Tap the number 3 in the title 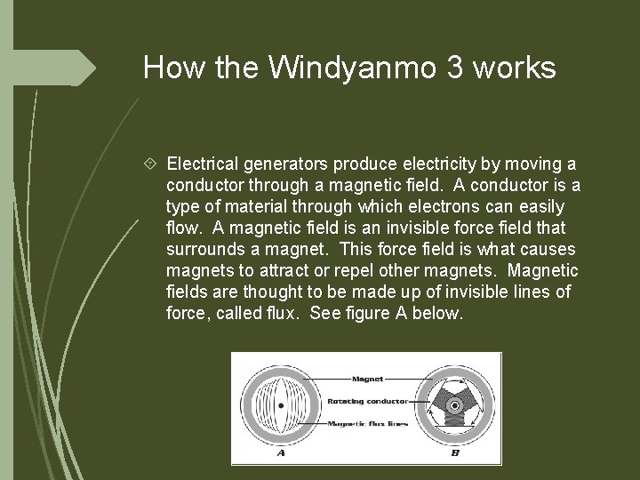[x=454, y=68]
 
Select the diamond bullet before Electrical [x=152, y=164]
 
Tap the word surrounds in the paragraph [x=204, y=250]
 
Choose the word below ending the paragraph [x=440, y=314]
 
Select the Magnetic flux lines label [x=367, y=423]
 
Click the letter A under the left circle [x=281, y=452]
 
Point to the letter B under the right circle [x=455, y=452]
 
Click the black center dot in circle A [x=281, y=406]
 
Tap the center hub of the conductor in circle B [x=454, y=406]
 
